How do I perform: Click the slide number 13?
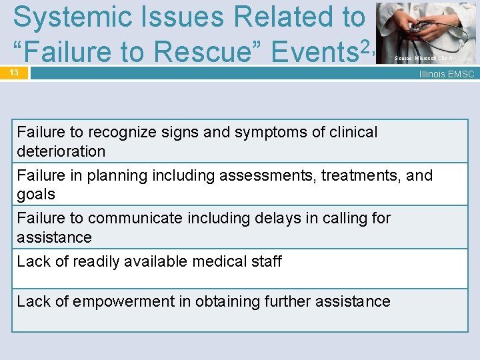(x=14, y=71)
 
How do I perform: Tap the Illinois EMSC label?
(x=446, y=74)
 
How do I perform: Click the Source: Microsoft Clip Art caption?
(x=425, y=59)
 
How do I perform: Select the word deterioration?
(x=61, y=151)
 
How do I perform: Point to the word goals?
(x=36, y=194)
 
